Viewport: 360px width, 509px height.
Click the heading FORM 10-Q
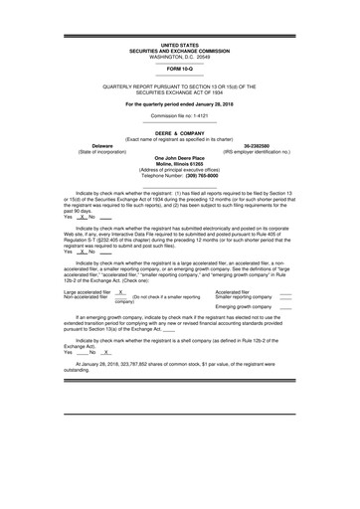tap(180, 69)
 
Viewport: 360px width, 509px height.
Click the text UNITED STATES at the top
tap(180, 46)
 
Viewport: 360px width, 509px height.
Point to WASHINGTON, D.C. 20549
tap(180, 58)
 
